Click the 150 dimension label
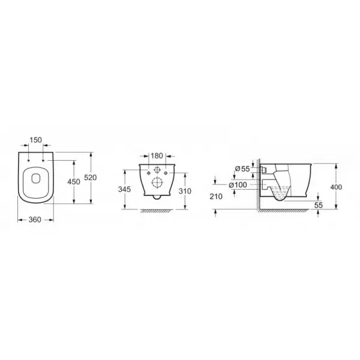coord(36,140)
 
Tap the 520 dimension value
coord(91,178)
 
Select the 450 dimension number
coord(74,182)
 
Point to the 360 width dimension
coord(35,220)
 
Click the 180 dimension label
coord(157,155)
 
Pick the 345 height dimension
coord(124,189)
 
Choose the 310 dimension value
coord(185,191)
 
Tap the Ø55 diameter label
coord(242,169)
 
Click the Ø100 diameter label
coord(238,185)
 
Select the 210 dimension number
coord(216,196)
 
